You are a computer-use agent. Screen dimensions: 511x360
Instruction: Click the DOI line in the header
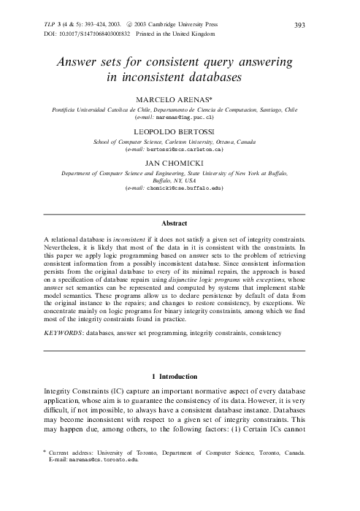pos(110,34)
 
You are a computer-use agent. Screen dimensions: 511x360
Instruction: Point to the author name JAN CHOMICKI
pos(179,163)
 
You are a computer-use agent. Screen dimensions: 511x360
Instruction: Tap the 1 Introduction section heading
pos(179,377)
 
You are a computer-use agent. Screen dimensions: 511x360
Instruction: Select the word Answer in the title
pos(81,63)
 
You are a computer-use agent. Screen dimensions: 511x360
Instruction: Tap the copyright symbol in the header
pos(128,24)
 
